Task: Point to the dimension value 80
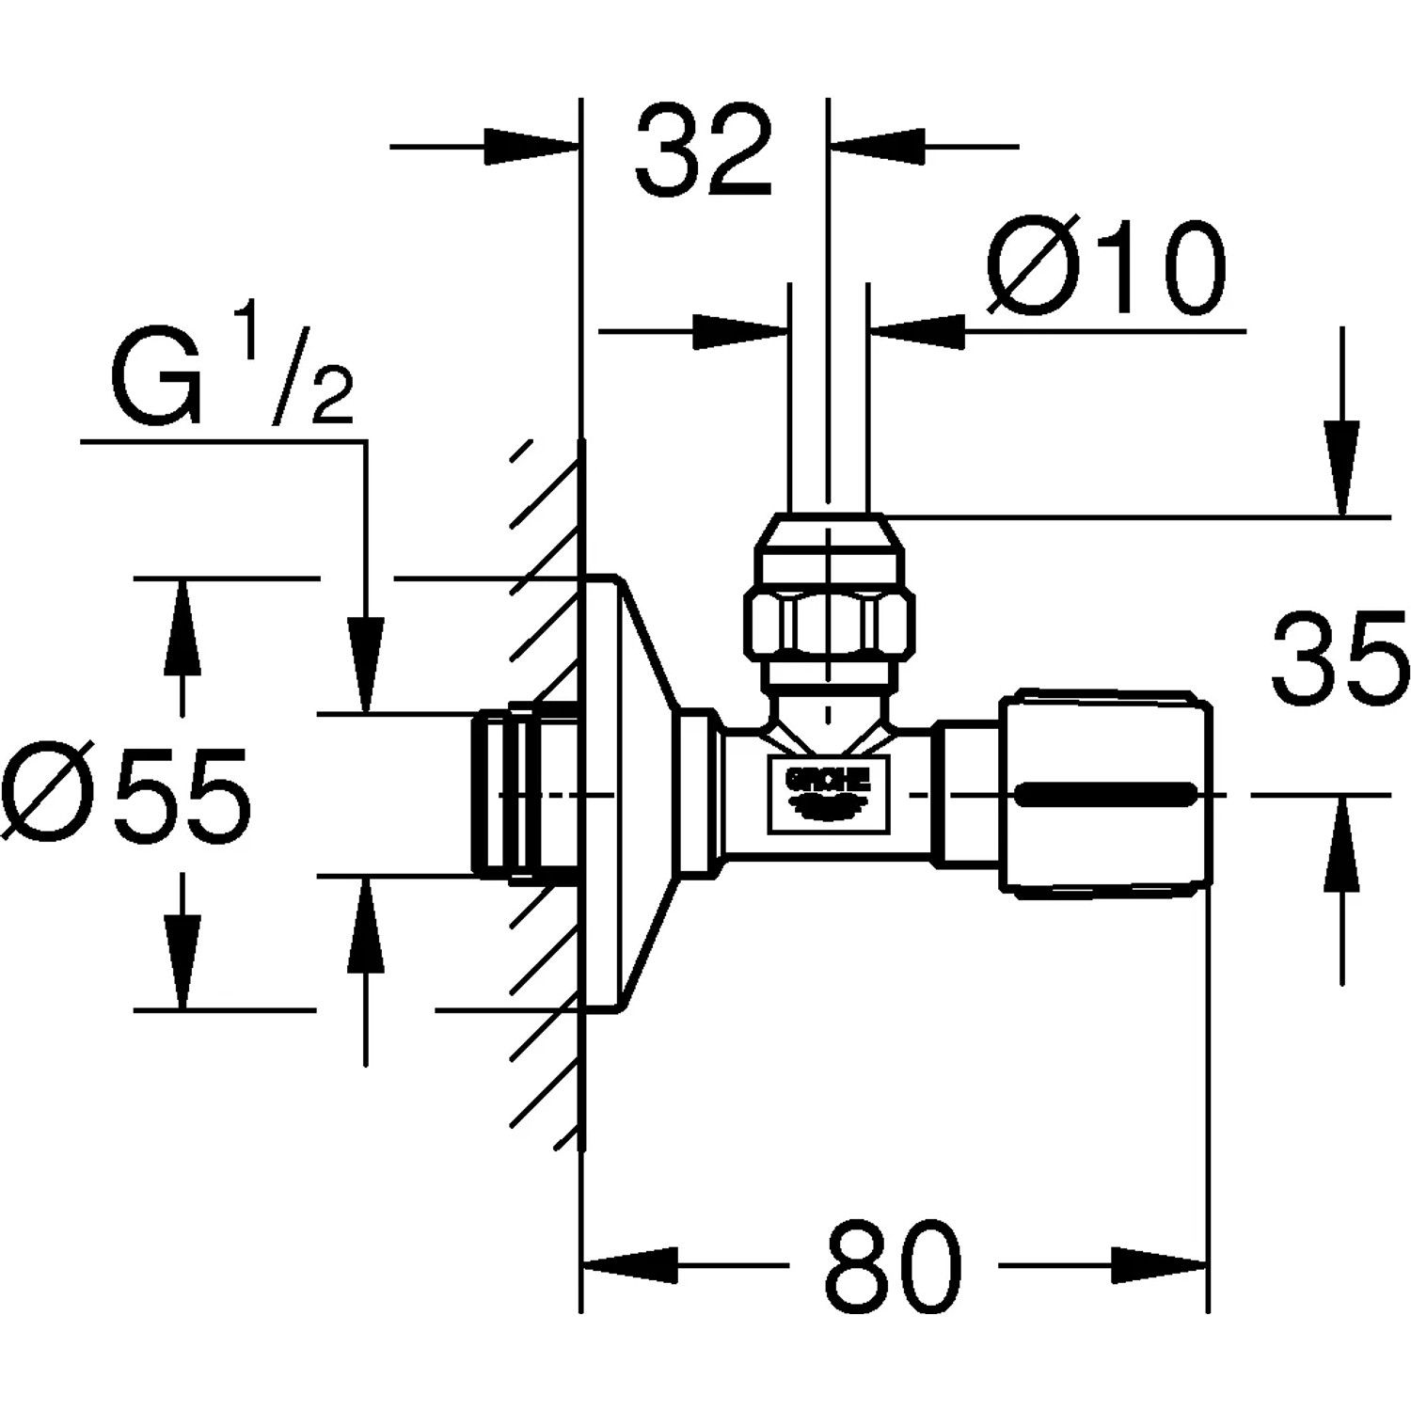(x=894, y=1267)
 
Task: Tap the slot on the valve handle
(x=1106, y=796)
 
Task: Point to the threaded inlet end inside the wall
(x=513, y=795)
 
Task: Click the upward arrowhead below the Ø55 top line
(x=182, y=626)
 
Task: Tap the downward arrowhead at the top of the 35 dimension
(x=1341, y=470)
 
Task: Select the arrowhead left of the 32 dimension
(x=531, y=147)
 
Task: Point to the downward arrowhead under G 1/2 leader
(x=366, y=662)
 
